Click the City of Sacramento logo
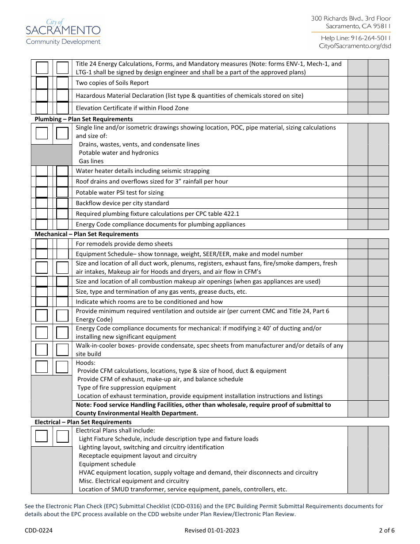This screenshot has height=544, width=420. click(x=63, y=31)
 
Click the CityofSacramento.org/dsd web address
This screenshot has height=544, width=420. click(x=355, y=46)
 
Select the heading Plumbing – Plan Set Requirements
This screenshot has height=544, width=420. click(x=84, y=119)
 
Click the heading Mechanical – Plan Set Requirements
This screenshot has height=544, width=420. click(x=87, y=234)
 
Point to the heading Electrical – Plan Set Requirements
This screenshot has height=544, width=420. click(x=83, y=422)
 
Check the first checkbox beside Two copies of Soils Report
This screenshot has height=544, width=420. click(x=42, y=83)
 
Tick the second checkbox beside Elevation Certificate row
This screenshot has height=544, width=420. click(x=63, y=108)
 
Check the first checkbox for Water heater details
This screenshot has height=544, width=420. click(x=42, y=171)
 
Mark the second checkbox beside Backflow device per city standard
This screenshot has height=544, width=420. click(x=63, y=203)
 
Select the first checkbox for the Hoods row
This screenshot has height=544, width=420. click(x=42, y=367)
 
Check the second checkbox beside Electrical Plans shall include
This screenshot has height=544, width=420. click(x=63, y=437)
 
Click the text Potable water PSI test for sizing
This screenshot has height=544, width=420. click(x=120, y=192)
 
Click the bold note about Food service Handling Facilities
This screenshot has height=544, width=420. click(x=203, y=409)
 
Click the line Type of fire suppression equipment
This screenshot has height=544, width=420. click(x=126, y=387)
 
